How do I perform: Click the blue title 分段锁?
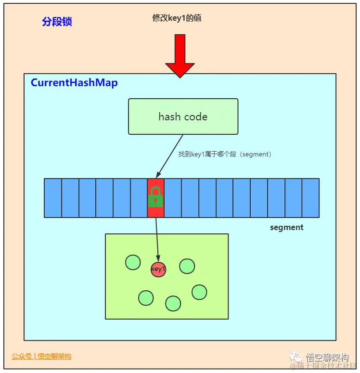(57, 22)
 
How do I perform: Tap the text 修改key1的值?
(177, 18)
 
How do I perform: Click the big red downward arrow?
(180, 55)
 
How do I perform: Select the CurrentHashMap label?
(74, 83)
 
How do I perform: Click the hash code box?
(183, 116)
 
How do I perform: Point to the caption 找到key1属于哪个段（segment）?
(225, 154)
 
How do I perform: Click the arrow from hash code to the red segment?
(169, 156)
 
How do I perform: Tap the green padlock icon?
(155, 197)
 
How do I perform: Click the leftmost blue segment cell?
(53, 198)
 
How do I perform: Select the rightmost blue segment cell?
(310, 198)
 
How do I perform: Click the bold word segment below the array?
(287, 227)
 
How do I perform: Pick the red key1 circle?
(158, 270)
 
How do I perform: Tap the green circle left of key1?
(133, 262)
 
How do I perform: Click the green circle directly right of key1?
(187, 266)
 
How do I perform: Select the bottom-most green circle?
(173, 303)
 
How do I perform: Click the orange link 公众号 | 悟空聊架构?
(41, 357)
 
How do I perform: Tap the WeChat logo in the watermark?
(297, 357)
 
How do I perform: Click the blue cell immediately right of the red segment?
(173, 198)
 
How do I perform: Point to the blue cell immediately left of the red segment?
(139, 198)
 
